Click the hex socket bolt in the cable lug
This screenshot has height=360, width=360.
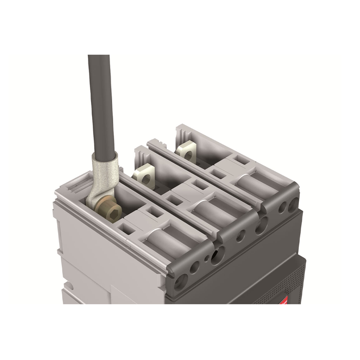click(112, 210)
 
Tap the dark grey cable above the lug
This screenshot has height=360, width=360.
click(101, 103)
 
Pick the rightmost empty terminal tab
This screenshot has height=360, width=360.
click(186, 152)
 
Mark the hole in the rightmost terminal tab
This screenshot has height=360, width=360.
click(188, 153)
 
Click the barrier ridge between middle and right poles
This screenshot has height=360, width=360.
click(206, 170)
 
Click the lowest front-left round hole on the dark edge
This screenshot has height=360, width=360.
click(181, 281)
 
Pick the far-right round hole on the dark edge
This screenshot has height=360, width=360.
click(294, 205)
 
